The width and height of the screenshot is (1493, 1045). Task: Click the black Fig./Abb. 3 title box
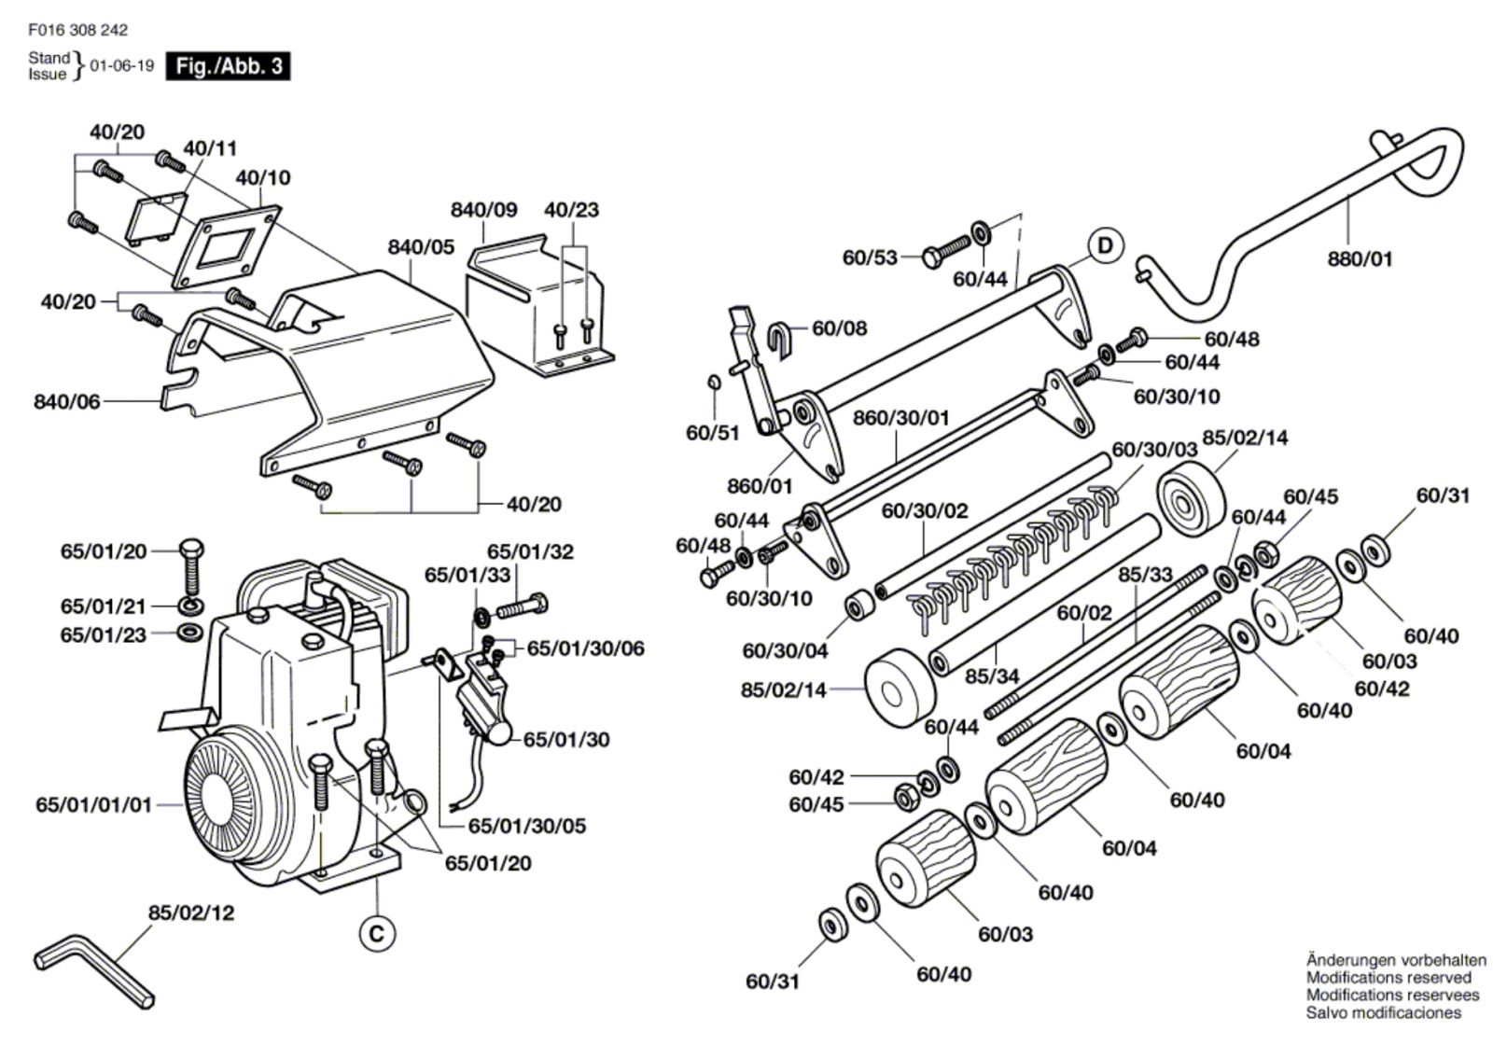(x=228, y=66)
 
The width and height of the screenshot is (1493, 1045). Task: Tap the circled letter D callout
(x=1105, y=246)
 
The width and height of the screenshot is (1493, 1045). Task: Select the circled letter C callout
(x=377, y=934)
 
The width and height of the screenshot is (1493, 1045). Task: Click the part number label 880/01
(x=1360, y=258)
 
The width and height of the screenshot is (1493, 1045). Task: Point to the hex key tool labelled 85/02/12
(x=93, y=970)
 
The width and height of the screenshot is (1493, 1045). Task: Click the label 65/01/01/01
(x=94, y=804)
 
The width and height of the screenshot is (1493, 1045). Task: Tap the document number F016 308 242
(x=78, y=30)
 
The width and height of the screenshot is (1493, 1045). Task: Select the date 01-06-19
(x=122, y=66)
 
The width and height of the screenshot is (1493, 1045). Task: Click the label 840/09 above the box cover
(x=484, y=210)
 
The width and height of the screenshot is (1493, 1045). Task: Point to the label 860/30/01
(x=901, y=418)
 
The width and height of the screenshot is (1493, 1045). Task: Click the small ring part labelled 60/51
(x=713, y=382)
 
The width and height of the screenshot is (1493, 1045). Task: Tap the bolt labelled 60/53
(x=946, y=251)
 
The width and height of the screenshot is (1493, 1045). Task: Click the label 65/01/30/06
(x=586, y=648)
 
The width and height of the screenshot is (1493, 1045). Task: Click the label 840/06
(x=66, y=402)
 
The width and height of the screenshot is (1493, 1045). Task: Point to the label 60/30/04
(x=785, y=650)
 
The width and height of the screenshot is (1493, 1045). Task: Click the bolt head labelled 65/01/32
(x=539, y=604)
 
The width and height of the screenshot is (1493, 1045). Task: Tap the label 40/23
(x=572, y=210)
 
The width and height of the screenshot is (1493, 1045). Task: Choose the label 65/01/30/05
(x=527, y=826)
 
